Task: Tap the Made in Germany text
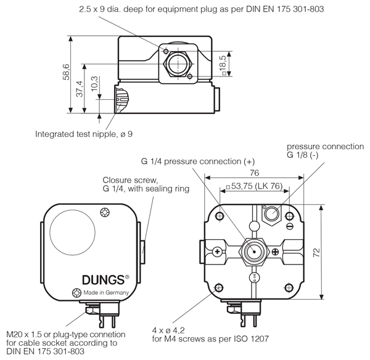coord(106,292)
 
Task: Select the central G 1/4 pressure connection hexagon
coord(253,250)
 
